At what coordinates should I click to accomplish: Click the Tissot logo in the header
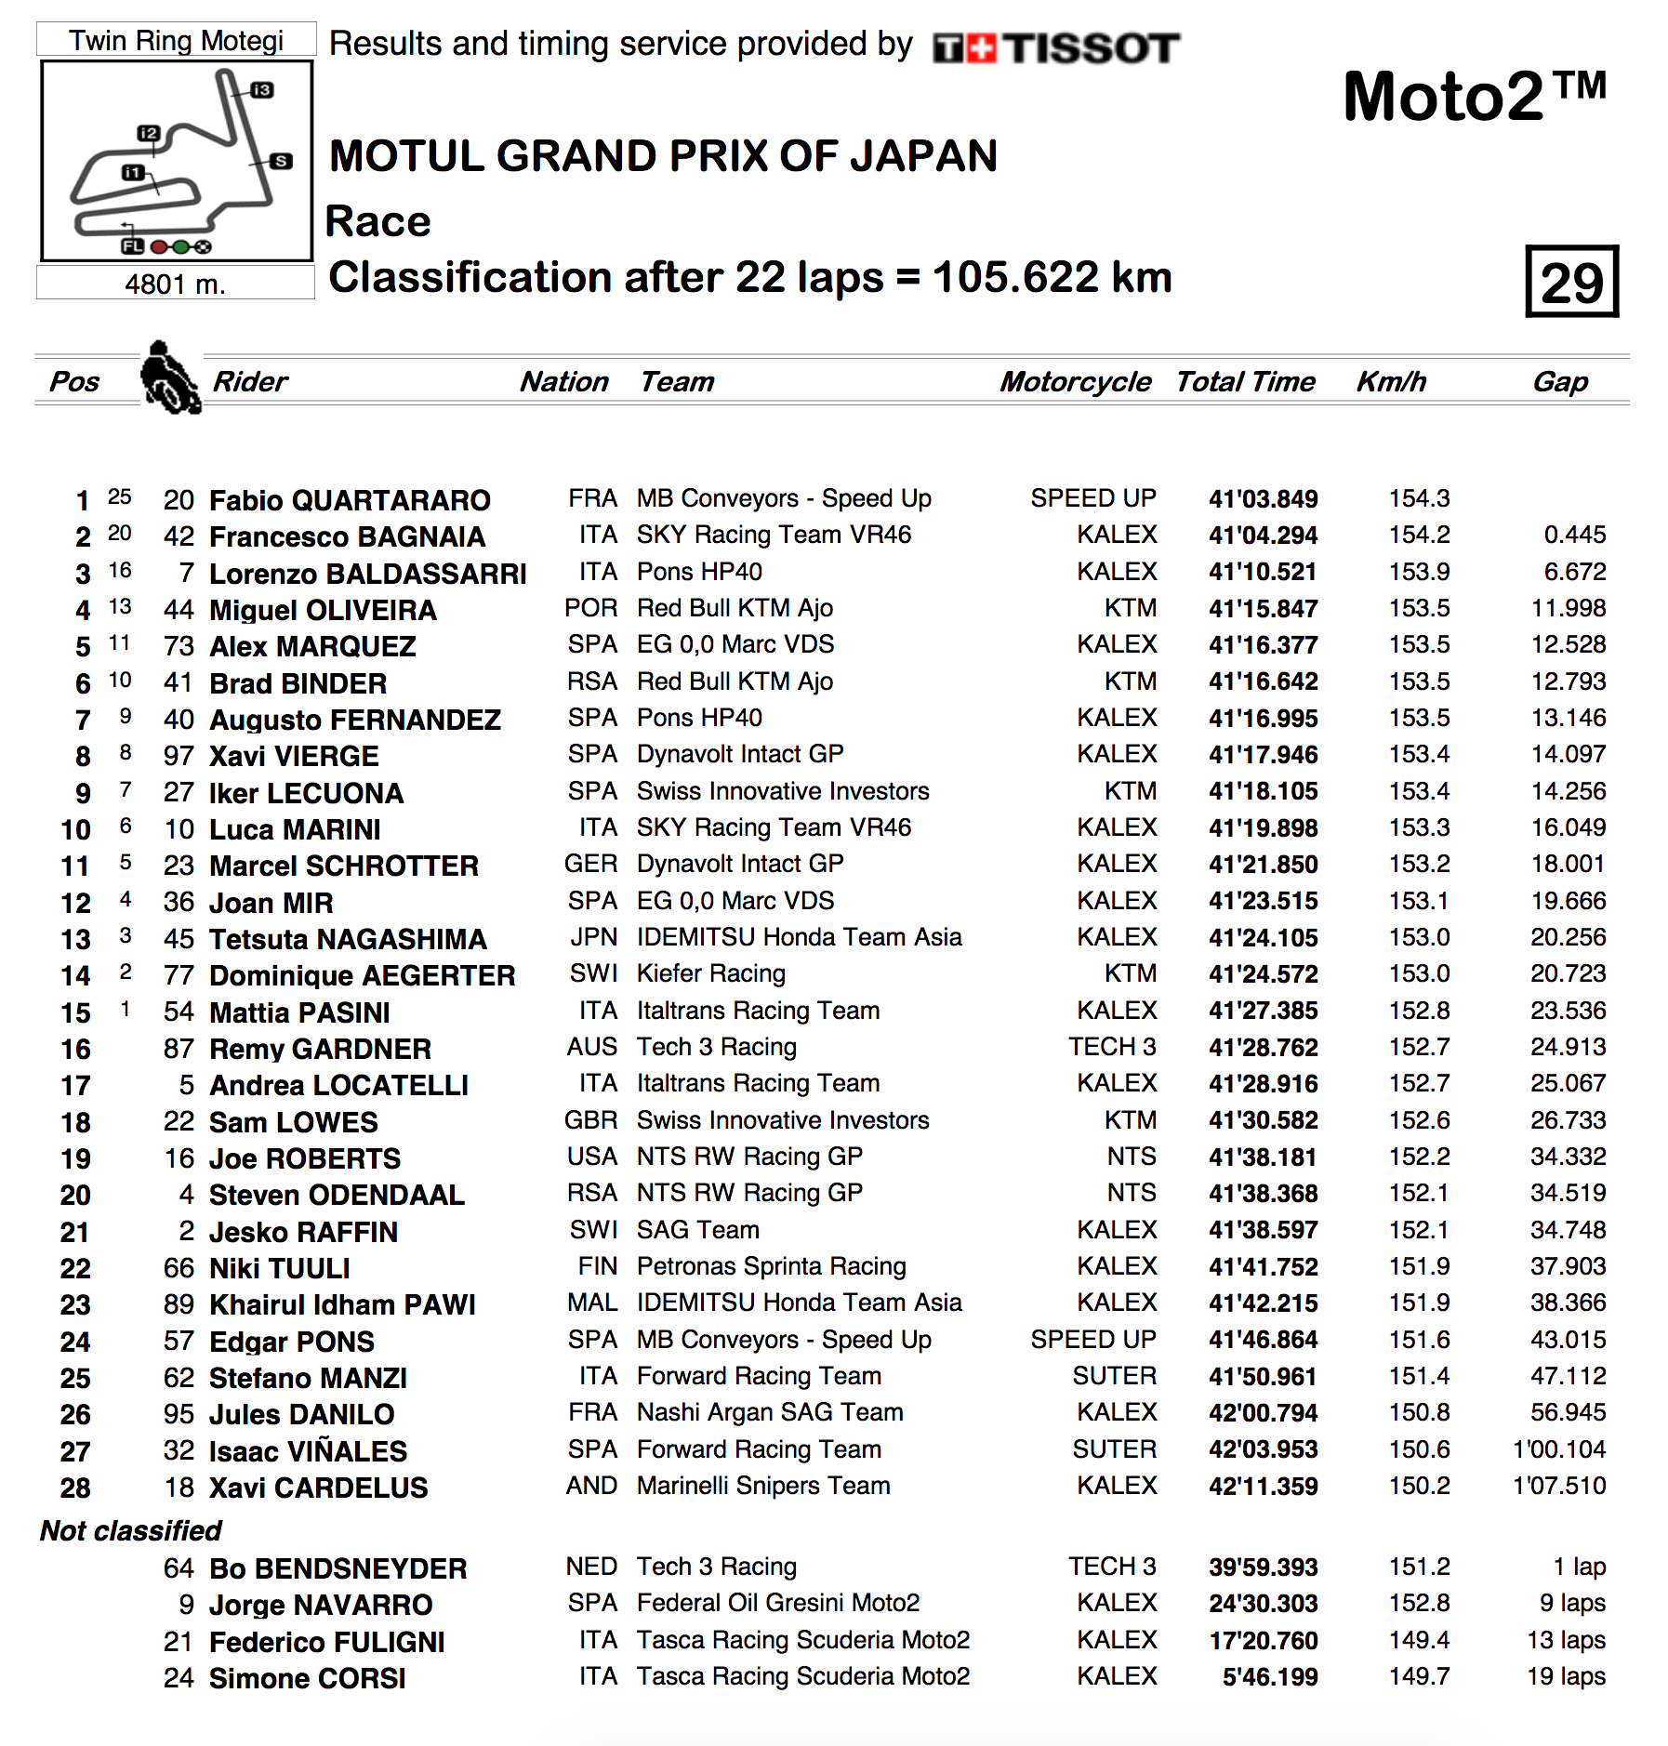[1056, 48]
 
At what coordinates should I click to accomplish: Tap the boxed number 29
[1571, 282]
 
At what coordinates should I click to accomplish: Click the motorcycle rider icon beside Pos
[169, 378]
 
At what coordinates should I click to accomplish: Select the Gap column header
[1560, 381]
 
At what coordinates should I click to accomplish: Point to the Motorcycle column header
[1075, 381]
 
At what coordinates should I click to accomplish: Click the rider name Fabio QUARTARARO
[350, 500]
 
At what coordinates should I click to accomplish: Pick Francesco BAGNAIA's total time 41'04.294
[1263, 536]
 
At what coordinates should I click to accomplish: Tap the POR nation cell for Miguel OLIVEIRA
[590, 608]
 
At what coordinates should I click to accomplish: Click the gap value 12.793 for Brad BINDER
[1569, 681]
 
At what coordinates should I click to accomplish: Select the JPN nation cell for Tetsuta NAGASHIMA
[594, 937]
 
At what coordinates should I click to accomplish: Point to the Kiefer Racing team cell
[711, 973]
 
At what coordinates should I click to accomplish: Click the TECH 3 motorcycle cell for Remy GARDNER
[1112, 1047]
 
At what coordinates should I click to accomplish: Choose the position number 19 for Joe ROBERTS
[76, 1158]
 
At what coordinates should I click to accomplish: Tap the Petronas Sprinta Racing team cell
[771, 1266]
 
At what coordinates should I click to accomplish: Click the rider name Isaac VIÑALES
[308, 1451]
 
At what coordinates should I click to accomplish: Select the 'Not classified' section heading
[130, 1530]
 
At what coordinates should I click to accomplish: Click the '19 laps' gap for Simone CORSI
[1566, 1676]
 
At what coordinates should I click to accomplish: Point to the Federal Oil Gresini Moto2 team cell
[778, 1603]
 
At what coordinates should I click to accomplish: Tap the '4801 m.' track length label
[175, 284]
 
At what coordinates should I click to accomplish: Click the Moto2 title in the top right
[1474, 97]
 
